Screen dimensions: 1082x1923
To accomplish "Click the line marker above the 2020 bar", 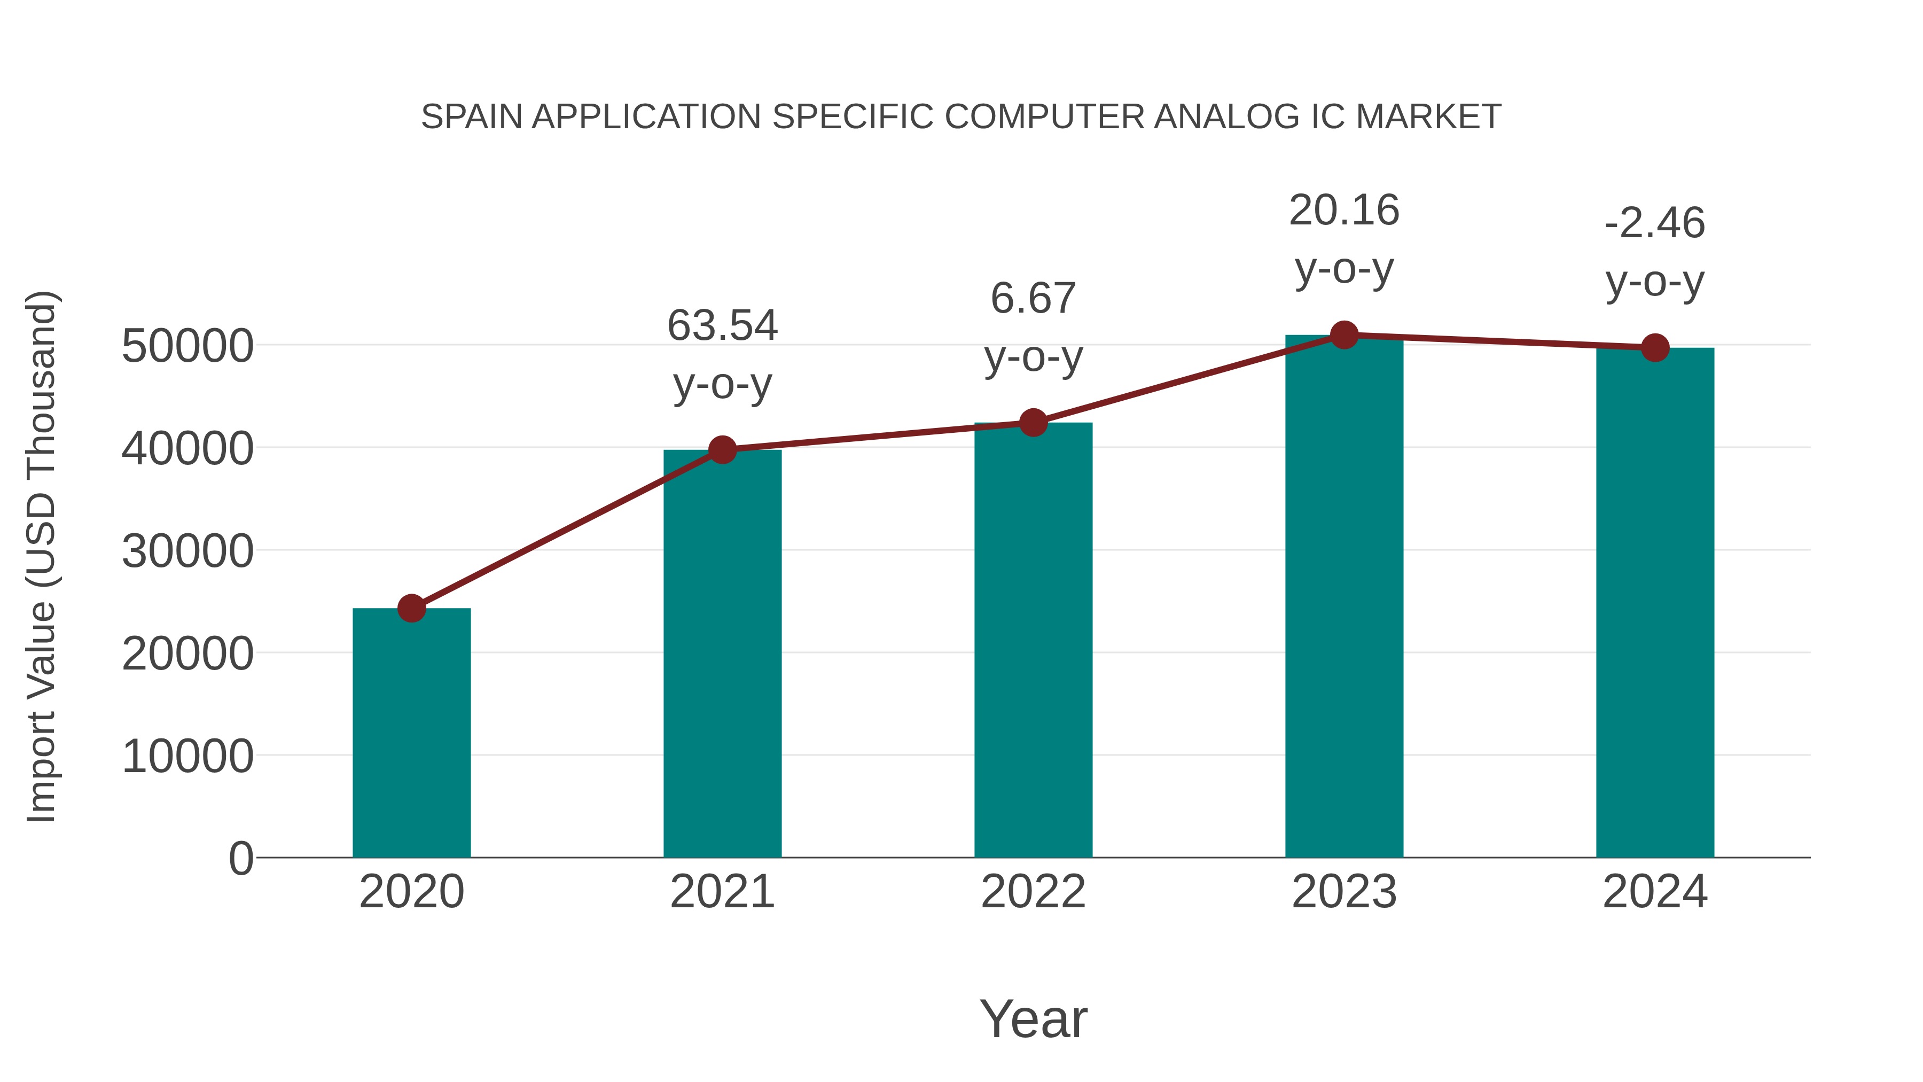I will pos(411,608).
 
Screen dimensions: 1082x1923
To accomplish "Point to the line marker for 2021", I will pos(722,449).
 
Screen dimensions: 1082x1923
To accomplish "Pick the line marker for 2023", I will pos(1344,335).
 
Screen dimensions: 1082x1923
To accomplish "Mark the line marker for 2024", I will pos(1655,347).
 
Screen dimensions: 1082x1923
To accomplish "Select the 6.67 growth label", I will pos(1033,298).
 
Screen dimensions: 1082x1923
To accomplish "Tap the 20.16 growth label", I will pos(1344,210).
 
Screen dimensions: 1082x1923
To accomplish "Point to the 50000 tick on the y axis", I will pos(187,346).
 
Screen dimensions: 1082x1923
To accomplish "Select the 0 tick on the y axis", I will pos(241,858).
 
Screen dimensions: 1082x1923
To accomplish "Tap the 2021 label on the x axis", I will pos(722,892).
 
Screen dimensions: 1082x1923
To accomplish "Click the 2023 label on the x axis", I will pos(1344,892).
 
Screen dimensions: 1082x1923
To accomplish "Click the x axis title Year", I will pos(1033,1018).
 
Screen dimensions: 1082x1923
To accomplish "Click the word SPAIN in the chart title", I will pos(471,116).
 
